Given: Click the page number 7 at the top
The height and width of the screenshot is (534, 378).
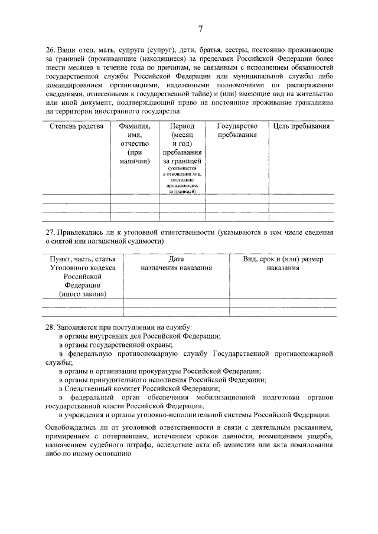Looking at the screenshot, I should click(200, 29).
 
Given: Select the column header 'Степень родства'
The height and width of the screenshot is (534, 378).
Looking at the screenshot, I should click(76, 126).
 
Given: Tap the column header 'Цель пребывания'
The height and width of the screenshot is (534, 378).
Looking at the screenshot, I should click(301, 126).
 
